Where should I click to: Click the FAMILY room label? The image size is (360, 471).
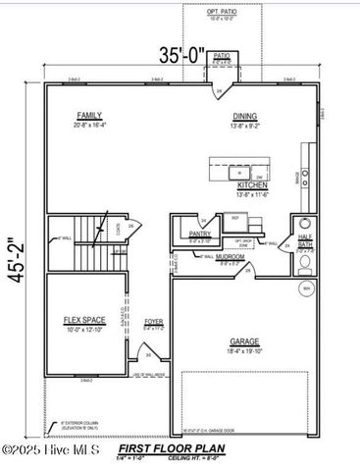tap(90, 116)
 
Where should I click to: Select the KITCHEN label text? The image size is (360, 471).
tap(252, 184)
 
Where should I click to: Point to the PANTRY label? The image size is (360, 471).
tap(201, 235)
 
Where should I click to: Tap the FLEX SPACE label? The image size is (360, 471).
tap(85, 320)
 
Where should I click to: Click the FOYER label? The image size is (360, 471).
tap(154, 321)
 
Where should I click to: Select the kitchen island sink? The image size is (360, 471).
tap(239, 174)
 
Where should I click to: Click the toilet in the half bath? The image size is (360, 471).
tap(305, 223)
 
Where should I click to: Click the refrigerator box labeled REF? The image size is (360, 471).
tap(236, 219)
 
